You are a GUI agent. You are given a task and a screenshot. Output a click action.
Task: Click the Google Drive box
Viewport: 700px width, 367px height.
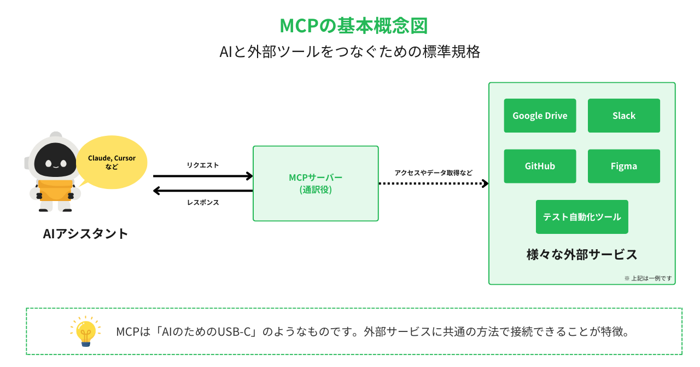pyautogui.click(x=540, y=116)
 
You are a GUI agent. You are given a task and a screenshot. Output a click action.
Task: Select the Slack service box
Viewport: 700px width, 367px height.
pyautogui.click(x=623, y=116)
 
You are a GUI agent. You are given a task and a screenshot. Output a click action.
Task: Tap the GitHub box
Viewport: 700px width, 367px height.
pyautogui.click(x=540, y=166)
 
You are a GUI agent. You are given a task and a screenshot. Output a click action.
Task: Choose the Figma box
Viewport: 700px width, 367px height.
pyautogui.click(x=623, y=166)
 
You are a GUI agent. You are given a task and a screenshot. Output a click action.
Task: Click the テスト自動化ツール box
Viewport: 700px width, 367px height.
pyautogui.click(x=582, y=217)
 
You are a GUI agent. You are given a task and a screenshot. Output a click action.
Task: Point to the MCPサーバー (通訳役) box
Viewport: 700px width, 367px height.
pyautogui.click(x=316, y=184)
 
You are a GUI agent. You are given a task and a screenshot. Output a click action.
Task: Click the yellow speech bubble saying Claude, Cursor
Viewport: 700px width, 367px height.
pyautogui.click(x=112, y=162)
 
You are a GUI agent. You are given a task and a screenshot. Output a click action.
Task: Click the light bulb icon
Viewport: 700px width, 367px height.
pyautogui.click(x=85, y=331)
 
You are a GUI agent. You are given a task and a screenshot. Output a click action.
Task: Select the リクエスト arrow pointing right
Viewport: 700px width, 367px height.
pyautogui.click(x=203, y=176)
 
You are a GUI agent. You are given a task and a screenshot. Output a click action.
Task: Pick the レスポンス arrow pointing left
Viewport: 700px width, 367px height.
pyautogui.click(x=203, y=191)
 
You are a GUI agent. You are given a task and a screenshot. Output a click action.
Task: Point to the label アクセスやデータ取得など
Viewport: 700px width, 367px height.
pyautogui.click(x=434, y=173)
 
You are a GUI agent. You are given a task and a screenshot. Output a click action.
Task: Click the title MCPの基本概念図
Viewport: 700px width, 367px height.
pyautogui.click(x=350, y=26)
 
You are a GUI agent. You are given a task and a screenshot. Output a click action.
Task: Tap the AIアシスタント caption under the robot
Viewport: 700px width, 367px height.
pyautogui.click(x=85, y=233)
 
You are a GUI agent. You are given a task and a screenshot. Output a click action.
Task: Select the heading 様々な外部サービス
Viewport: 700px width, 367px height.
pyautogui.click(x=582, y=255)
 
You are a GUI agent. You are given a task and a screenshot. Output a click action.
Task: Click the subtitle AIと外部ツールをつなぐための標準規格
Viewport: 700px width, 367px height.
pyautogui.click(x=350, y=52)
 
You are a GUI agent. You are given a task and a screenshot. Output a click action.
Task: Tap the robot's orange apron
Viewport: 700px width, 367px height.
pyautogui.click(x=55, y=189)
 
